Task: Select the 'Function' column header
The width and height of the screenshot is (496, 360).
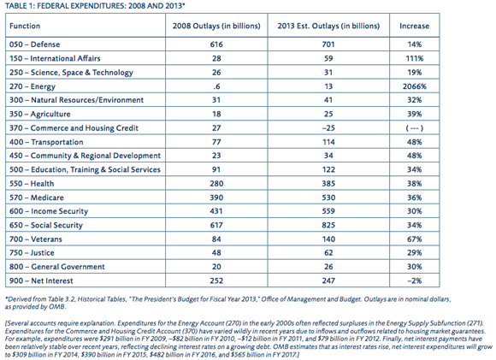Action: tap(25, 26)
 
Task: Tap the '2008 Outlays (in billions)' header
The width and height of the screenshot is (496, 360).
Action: tap(216, 26)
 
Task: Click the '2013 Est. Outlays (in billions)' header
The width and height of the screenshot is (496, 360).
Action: tap(328, 26)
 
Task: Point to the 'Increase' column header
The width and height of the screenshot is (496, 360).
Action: tap(415, 26)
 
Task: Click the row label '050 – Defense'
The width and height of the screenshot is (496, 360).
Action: tap(34, 44)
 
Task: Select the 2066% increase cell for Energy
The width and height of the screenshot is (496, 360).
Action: tap(415, 86)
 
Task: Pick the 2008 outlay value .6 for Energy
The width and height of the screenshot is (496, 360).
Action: tap(216, 86)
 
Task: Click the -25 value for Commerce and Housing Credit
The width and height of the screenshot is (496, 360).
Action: tap(328, 128)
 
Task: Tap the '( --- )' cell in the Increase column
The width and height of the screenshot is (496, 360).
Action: tap(415, 128)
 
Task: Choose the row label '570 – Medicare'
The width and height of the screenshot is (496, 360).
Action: tap(37, 198)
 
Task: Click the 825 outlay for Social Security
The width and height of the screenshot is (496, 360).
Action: tap(328, 225)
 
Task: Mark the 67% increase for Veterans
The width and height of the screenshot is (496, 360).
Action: tap(415, 239)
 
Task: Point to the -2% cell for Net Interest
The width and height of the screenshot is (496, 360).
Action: tap(415, 281)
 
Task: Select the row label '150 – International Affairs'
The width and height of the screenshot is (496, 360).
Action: tap(55, 58)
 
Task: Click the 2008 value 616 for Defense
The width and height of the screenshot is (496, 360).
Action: tap(216, 44)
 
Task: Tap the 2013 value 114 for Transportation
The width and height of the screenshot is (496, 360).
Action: tap(328, 142)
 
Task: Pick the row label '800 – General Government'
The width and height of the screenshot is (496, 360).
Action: tap(57, 267)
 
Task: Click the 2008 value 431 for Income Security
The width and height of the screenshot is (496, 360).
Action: tap(216, 211)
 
